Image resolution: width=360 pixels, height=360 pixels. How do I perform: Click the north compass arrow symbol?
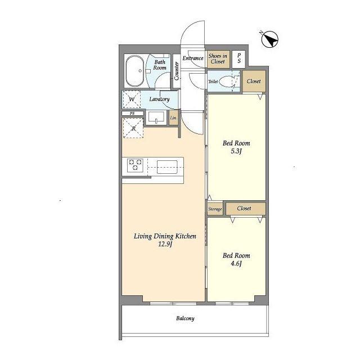(x=270, y=39)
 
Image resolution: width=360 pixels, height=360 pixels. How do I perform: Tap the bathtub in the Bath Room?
(x=135, y=71)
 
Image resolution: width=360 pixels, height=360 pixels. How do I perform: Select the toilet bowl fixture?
(x=226, y=81)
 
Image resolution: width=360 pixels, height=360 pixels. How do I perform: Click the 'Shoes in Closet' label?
(x=218, y=58)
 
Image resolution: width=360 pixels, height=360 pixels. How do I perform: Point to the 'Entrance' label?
(x=193, y=58)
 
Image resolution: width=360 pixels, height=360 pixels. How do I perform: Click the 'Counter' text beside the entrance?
(x=176, y=71)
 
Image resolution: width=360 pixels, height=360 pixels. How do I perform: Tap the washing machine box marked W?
(x=132, y=99)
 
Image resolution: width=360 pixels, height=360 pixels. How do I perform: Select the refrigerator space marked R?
(x=133, y=128)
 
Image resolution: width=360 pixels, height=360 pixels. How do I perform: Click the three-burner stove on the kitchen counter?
(x=135, y=165)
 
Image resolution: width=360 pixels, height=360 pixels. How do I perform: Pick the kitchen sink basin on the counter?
(x=167, y=167)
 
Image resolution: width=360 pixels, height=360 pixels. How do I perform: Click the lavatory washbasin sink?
(x=156, y=118)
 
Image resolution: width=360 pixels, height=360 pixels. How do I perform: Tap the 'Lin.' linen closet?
(x=174, y=118)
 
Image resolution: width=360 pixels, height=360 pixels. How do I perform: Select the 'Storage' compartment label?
(x=215, y=209)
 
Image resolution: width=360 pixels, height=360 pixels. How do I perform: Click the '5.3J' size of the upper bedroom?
(x=236, y=151)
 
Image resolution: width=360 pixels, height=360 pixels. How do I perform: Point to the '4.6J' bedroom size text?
(x=236, y=263)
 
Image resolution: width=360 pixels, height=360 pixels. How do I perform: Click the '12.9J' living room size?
(x=165, y=244)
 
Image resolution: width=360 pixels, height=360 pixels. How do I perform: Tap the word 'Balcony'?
(x=185, y=318)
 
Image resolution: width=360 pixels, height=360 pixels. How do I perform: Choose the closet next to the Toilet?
(x=254, y=81)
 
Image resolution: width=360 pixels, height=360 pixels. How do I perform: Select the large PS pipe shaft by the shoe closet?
(x=238, y=58)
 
